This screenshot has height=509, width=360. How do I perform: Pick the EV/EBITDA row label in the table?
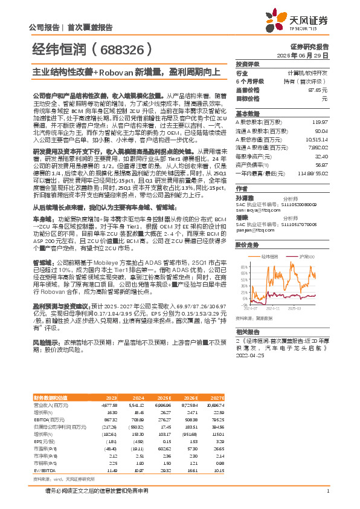(x=44, y=470)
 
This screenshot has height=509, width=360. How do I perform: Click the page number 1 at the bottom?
(x=327, y=491)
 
